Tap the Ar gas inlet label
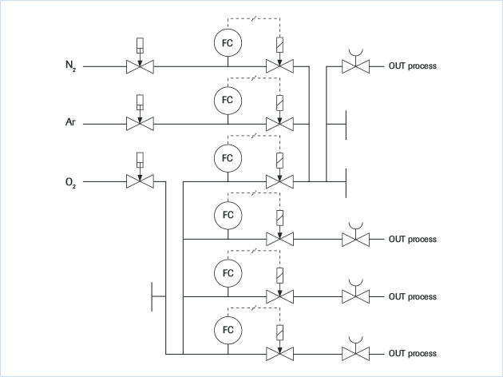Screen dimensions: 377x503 coord(70,124)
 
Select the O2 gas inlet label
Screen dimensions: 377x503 coord(70,182)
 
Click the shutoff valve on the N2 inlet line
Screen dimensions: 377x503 coord(141,66)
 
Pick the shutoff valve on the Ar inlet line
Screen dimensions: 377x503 coord(141,124)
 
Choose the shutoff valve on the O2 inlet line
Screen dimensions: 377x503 coord(141,182)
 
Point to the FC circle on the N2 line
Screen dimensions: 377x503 coord(228,42)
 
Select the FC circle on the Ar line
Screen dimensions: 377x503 coord(228,100)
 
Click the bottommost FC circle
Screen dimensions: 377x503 coord(228,329)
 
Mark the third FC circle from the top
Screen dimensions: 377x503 coord(228,157)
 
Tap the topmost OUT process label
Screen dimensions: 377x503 coord(413,66)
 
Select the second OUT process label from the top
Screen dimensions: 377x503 coord(413,239)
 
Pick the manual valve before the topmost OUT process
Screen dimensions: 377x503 coord(354,66)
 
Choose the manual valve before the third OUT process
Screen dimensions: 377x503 coord(354,296)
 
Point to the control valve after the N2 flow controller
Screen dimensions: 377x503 coord(279,66)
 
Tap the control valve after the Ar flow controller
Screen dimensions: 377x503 coord(279,124)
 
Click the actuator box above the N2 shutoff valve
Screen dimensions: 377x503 coord(141,46)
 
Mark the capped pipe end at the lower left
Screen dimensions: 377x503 coord(152,296)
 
